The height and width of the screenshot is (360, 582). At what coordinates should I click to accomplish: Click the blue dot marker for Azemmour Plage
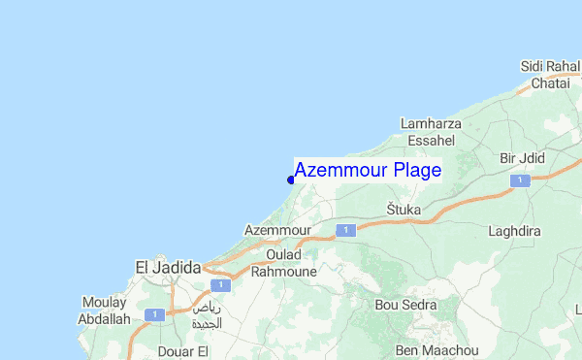pos(291,179)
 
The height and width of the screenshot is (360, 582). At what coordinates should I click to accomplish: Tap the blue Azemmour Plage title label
pos(368,170)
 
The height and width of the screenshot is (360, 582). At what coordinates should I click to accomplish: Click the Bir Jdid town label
pos(523,158)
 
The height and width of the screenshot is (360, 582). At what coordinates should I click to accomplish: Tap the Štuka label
pos(403,210)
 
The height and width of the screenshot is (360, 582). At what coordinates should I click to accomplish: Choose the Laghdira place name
pos(515,233)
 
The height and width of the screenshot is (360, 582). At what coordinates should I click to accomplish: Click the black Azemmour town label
pos(277,231)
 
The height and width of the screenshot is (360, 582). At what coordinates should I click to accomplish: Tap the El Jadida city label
pos(167,267)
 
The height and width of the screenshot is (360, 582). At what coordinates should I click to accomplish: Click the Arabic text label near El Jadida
pos(207,315)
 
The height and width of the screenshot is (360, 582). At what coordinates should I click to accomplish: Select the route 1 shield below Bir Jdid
pos(522,180)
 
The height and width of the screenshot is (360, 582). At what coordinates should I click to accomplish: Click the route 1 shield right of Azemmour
pos(342,230)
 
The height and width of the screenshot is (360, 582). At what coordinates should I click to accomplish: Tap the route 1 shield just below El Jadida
pos(221,285)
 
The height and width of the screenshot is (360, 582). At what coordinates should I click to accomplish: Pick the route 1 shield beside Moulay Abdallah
pos(152,314)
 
